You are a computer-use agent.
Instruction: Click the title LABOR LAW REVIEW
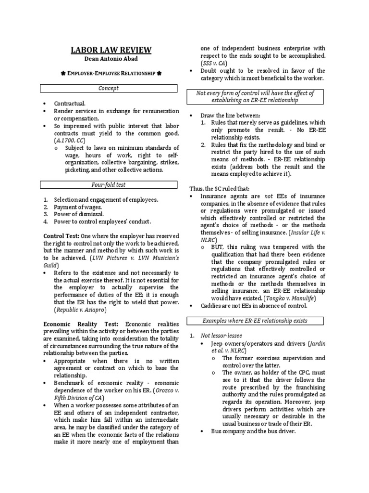pos(111,50)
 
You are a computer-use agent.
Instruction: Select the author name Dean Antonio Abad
pos(111,59)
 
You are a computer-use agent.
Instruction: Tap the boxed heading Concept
pos(109,88)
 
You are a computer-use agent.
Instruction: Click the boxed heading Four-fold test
pos(109,184)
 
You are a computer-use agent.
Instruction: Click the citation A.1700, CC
pos(70,140)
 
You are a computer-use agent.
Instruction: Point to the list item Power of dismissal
pos(79,214)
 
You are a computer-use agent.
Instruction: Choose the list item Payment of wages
pos(78,207)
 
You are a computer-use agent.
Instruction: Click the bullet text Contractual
pos(70,104)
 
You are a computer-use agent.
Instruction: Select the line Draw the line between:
pos(230,116)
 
